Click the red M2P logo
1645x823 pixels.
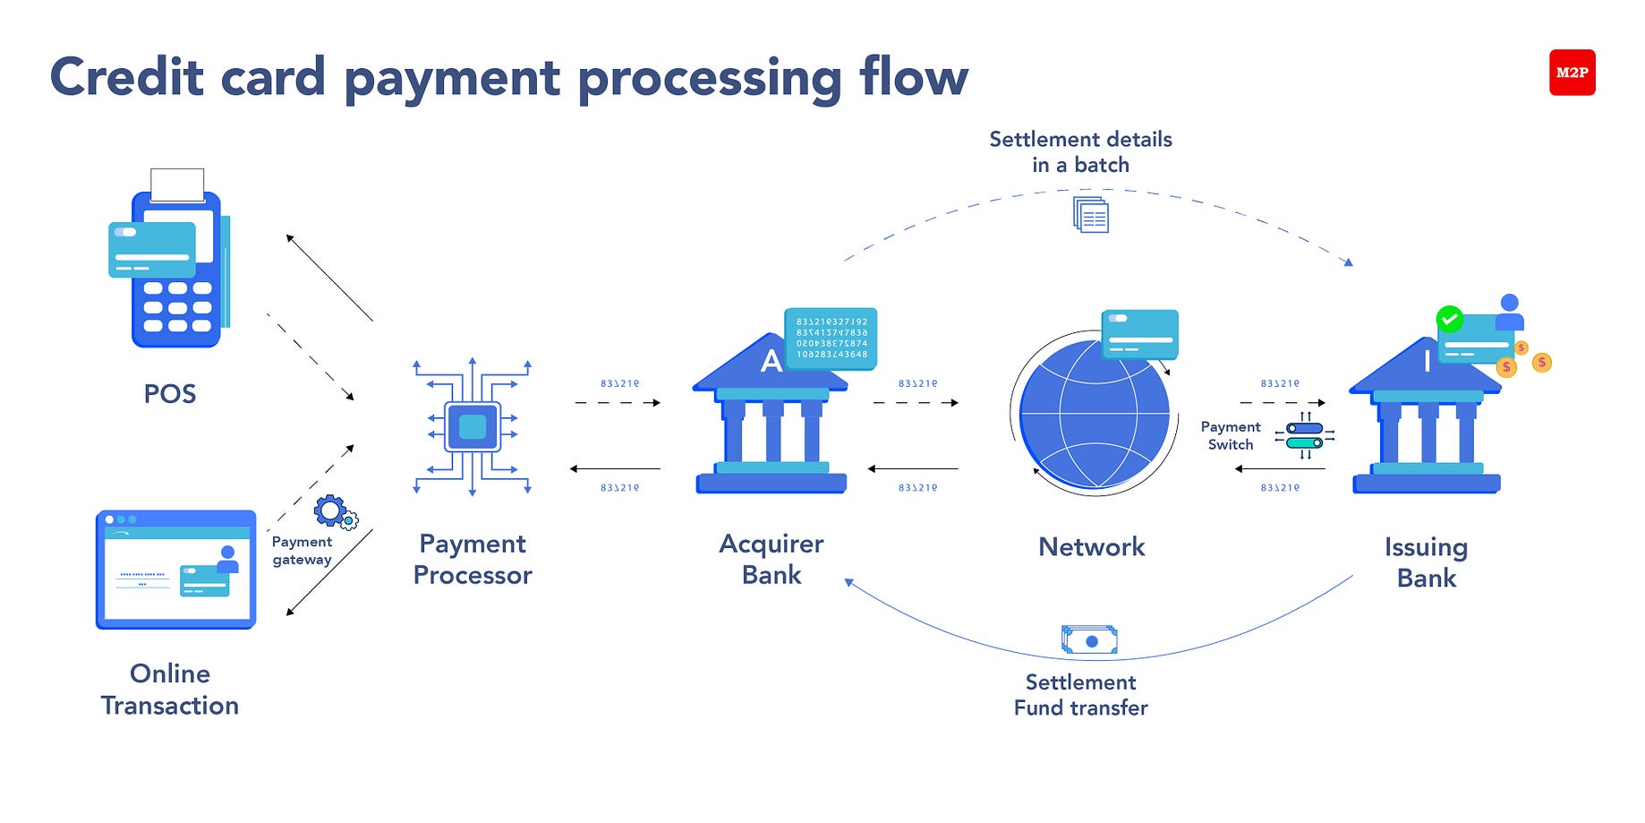coord(1572,73)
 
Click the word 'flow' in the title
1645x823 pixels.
coord(914,76)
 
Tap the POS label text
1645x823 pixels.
coord(170,394)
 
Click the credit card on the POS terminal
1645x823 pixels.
coord(152,249)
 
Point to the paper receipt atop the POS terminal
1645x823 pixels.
coord(177,184)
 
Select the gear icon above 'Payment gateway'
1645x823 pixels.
coord(330,511)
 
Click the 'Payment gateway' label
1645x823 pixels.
coord(302,551)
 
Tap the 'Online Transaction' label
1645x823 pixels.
coord(170,690)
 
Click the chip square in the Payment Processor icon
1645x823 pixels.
coord(473,427)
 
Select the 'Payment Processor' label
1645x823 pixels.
coord(473,559)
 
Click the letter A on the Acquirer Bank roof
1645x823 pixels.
coord(771,362)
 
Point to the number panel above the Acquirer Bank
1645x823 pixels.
coord(831,339)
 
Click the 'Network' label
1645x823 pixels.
coord(1091,547)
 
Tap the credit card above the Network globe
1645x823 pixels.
coord(1139,334)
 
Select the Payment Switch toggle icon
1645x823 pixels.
coord(1304,435)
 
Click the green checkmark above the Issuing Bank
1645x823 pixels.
coord(1449,319)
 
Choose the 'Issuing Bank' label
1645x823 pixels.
coord(1426,562)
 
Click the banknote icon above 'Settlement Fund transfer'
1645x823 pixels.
coord(1089,640)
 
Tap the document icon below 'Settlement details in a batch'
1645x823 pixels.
coord(1091,215)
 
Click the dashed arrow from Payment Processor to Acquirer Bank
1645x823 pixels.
coord(618,403)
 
